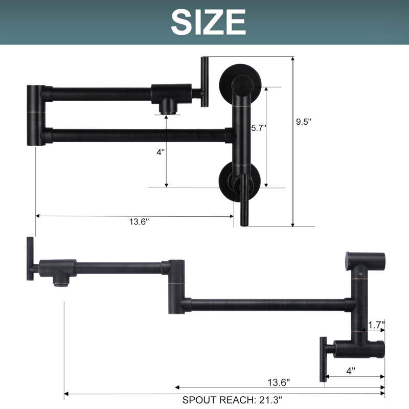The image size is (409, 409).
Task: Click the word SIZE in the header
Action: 209,22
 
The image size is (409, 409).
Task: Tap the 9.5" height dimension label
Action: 304,122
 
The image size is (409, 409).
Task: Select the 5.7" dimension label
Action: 259,128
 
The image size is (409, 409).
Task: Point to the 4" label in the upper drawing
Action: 161,152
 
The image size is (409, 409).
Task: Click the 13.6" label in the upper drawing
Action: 139,222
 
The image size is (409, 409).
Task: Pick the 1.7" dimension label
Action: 376,325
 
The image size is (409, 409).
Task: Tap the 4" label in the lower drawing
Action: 351,371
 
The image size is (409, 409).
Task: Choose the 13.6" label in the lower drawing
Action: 279,382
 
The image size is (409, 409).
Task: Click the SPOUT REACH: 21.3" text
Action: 232,400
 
